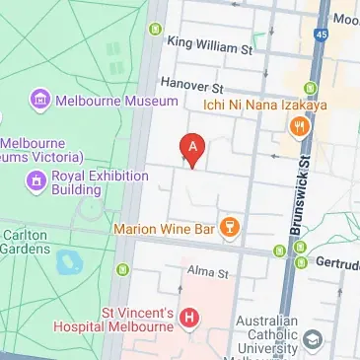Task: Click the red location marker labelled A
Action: click(x=193, y=149)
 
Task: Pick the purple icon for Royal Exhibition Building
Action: click(x=36, y=180)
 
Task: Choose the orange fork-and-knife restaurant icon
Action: click(x=297, y=126)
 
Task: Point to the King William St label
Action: click(x=211, y=45)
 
